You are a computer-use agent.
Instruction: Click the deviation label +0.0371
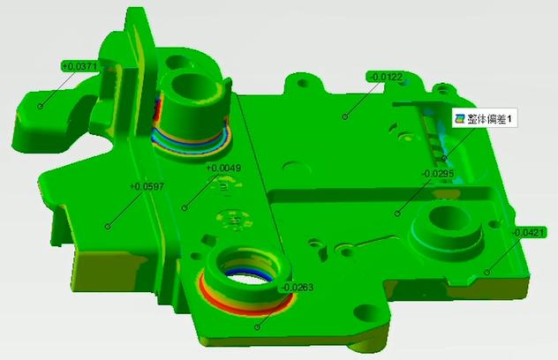[x=80, y=66]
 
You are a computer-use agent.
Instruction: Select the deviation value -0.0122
[x=386, y=77]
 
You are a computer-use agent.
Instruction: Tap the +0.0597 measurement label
[x=147, y=186]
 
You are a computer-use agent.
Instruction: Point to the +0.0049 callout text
[x=224, y=168]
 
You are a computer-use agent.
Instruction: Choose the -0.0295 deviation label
[x=438, y=174]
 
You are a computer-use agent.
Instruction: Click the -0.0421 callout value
[x=529, y=233]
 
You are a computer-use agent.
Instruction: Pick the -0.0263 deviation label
[x=298, y=287]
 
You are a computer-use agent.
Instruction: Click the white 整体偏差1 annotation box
[x=485, y=118]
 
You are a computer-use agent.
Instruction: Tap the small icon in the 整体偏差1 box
[x=461, y=118]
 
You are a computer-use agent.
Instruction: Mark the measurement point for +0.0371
[x=41, y=106]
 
